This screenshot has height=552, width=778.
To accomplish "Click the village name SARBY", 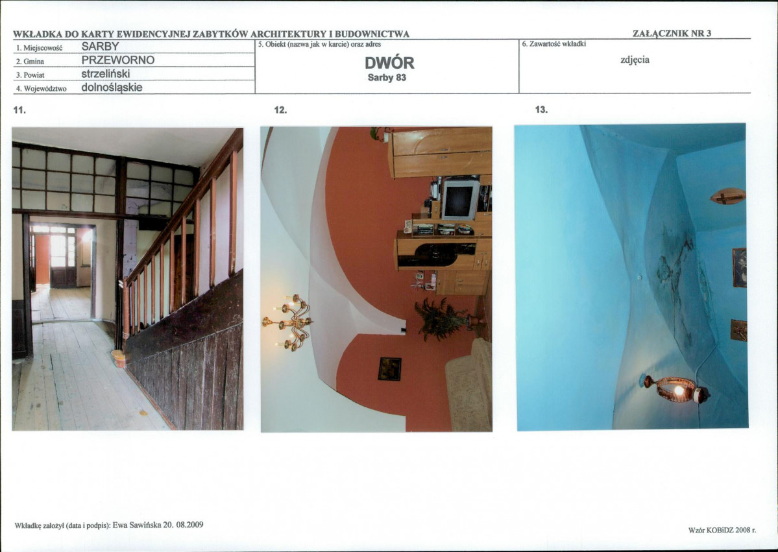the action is (x=100, y=47).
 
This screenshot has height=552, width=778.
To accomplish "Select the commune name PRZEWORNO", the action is (x=118, y=60).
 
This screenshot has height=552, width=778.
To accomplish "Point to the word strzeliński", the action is (x=106, y=74).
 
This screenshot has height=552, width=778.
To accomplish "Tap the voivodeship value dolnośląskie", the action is (x=112, y=88).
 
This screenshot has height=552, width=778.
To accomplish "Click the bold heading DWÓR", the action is (x=389, y=63).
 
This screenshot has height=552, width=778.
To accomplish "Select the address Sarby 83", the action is (x=387, y=78).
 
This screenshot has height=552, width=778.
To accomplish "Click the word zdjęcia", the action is (x=635, y=60).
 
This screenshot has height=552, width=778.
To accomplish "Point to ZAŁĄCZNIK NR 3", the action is (x=672, y=33).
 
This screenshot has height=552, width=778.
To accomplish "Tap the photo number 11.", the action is (x=19, y=110).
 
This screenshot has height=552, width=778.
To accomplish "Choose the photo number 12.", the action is (x=280, y=110).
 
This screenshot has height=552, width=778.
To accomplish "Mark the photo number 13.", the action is (x=541, y=110).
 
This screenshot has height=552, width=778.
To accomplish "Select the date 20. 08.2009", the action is (x=184, y=525).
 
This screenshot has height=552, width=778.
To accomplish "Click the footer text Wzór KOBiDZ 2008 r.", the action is (x=722, y=530).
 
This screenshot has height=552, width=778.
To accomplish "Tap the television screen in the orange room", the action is (x=460, y=200).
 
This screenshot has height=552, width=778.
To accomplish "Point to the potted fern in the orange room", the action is (x=441, y=319).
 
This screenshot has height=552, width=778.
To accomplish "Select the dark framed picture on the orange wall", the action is (x=389, y=369).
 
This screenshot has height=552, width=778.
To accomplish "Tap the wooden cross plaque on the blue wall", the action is (x=728, y=197).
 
